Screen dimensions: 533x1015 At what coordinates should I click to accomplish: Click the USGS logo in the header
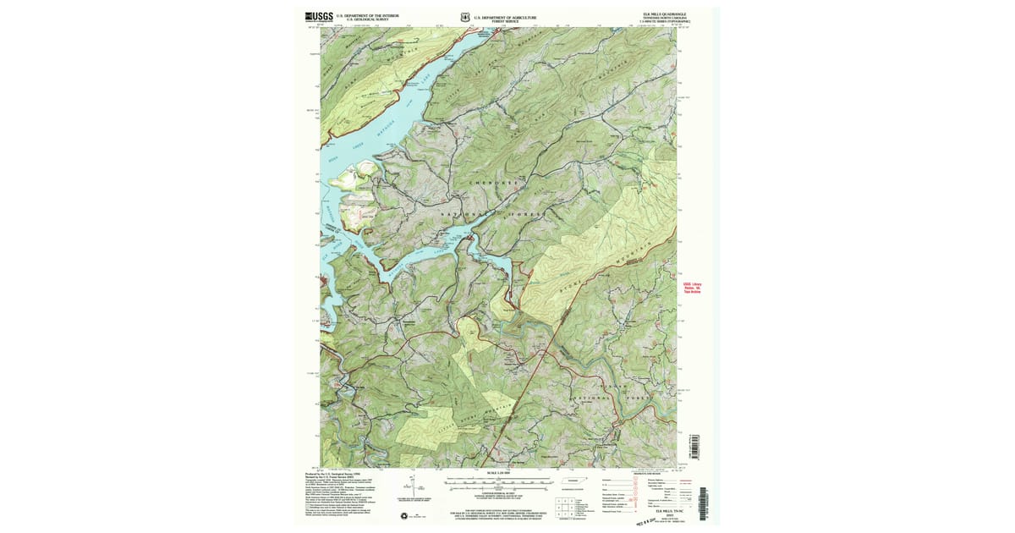pos(319,16)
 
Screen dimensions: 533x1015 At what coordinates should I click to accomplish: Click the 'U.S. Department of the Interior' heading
pos(367,15)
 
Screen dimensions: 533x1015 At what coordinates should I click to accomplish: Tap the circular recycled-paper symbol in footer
pos(404,515)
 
